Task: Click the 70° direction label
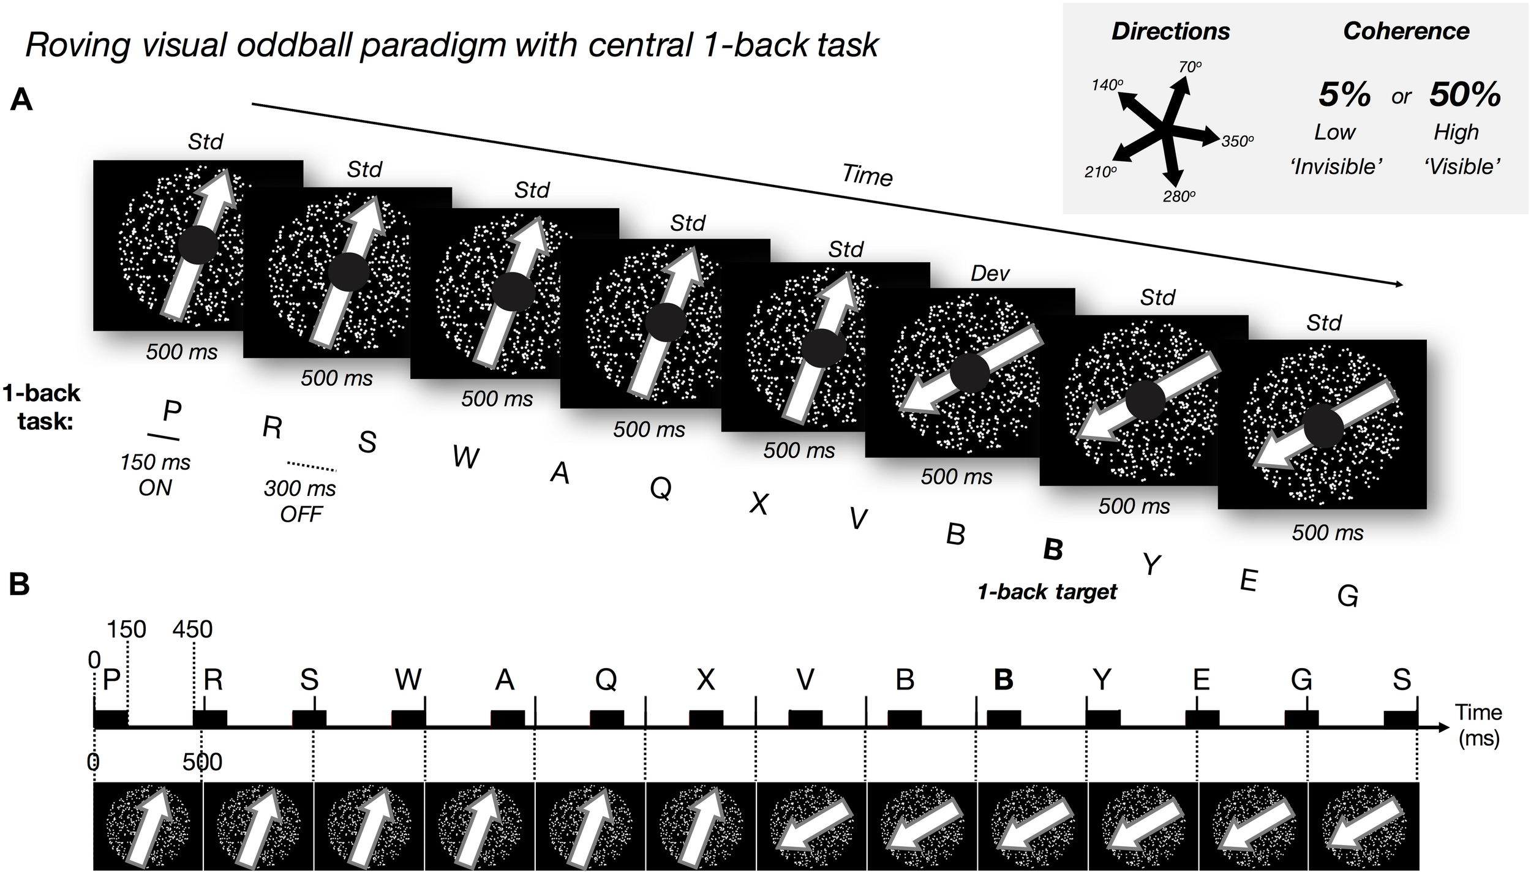pyautogui.click(x=1190, y=67)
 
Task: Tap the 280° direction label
pyautogui.click(x=1179, y=197)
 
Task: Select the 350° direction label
pyautogui.click(x=1238, y=141)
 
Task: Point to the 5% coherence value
pyautogui.click(x=1344, y=95)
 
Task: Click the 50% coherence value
pyautogui.click(x=1465, y=95)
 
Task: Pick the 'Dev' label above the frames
pyautogui.click(x=990, y=273)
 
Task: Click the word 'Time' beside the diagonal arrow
pyautogui.click(x=867, y=176)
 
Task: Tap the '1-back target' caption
pyautogui.click(x=1047, y=591)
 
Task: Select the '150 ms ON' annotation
pyautogui.click(x=156, y=475)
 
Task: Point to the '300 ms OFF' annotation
pyautogui.click(x=300, y=501)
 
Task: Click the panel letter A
pyautogui.click(x=21, y=100)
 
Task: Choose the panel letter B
pyautogui.click(x=20, y=585)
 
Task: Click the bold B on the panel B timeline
pyautogui.click(x=1003, y=680)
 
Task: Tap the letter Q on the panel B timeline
pyautogui.click(x=606, y=680)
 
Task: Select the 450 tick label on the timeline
pyautogui.click(x=192, y=629)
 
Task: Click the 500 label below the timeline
pyautogui.click(x=202, y=762)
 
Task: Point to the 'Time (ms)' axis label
pyautogui.click(x=1478, y=725)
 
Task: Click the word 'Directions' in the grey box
pyautogui.click(x=1170, y=32)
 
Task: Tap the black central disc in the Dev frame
pyautogui.click(x=970, y=373)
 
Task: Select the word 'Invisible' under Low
pyautogui.click(x=1335, y=167)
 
